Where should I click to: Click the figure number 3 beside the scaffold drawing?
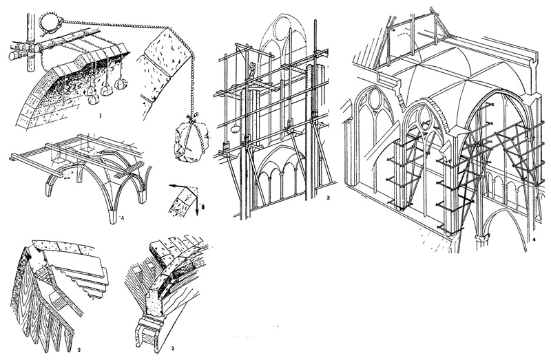pyautogui.click(x=329, y=198)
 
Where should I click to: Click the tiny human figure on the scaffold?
pyautogui.click(x=252, y=69)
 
